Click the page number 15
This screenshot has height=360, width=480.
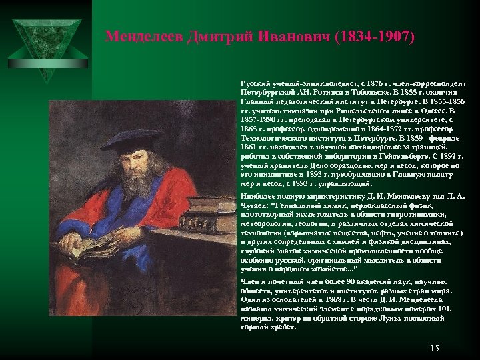coord(435,348)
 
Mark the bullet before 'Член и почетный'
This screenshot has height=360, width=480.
coord(235,283)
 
